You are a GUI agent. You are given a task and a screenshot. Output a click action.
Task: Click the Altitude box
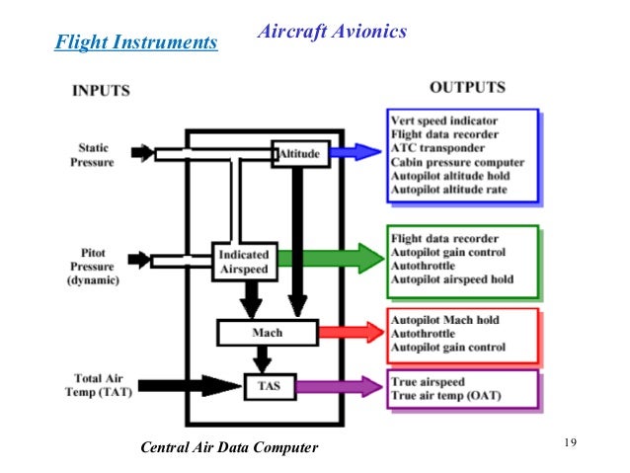[x=300, y=154]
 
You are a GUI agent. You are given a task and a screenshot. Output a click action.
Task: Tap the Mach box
[x=267, y=333]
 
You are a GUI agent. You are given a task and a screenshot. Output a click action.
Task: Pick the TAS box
[x=270, y=385]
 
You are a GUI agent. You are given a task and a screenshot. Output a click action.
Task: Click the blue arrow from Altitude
[x=354, y=151]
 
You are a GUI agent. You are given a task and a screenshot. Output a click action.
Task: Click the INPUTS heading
[x=102, y=91]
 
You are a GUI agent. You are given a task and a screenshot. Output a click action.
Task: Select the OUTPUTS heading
[x=469, y=87]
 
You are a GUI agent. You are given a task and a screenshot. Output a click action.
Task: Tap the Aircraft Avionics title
[x=331, y=32]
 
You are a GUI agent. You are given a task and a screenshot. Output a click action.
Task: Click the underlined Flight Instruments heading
[x=135, y=42]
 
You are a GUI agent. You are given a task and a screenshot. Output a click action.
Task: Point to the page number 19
[x=568, y=440]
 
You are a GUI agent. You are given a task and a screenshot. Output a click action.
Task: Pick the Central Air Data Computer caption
[x=230, y=448]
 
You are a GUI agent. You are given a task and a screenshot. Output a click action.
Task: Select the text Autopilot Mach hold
[x=446, y=321]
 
